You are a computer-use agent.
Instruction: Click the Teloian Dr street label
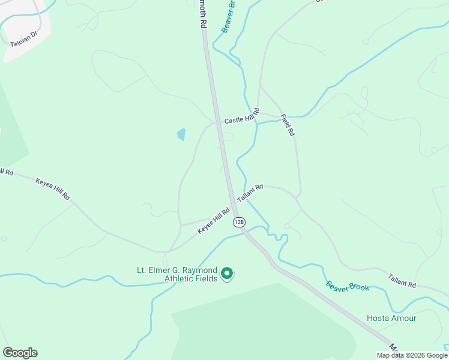[x=24, y=38]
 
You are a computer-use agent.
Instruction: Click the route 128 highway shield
[x=239, y=222]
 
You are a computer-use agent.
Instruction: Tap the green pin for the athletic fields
[x=227, y=274]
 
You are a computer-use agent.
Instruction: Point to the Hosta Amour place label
[x=391, y=318]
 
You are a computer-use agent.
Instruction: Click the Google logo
[x=20, y=353]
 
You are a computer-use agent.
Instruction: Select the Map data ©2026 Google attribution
[x=412, y=355]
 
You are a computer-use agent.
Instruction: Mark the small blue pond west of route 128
[x=181, y=134]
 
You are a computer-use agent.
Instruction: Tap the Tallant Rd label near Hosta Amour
[x=402, y=280]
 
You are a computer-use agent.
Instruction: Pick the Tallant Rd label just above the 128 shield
[x=250, y=193]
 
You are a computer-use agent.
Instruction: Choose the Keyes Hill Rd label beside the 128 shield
[x=214, y=221]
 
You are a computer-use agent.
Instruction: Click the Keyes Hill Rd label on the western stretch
[x=53, y=189]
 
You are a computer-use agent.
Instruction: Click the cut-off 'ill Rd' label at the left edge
[x=5, y=172]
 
